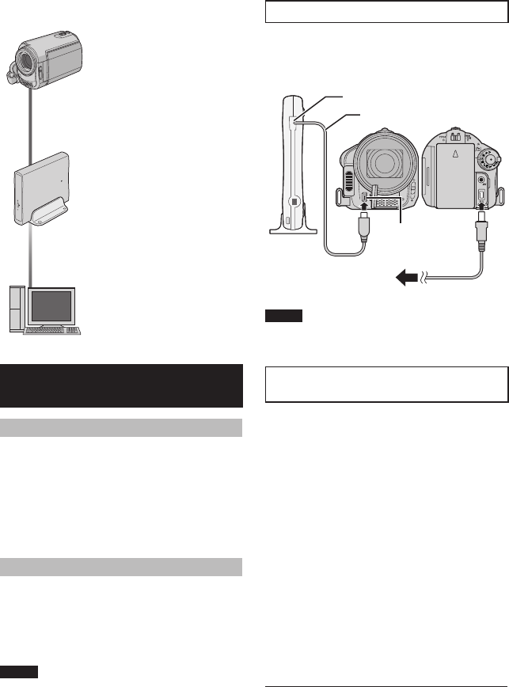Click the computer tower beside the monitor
pos(16,307)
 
